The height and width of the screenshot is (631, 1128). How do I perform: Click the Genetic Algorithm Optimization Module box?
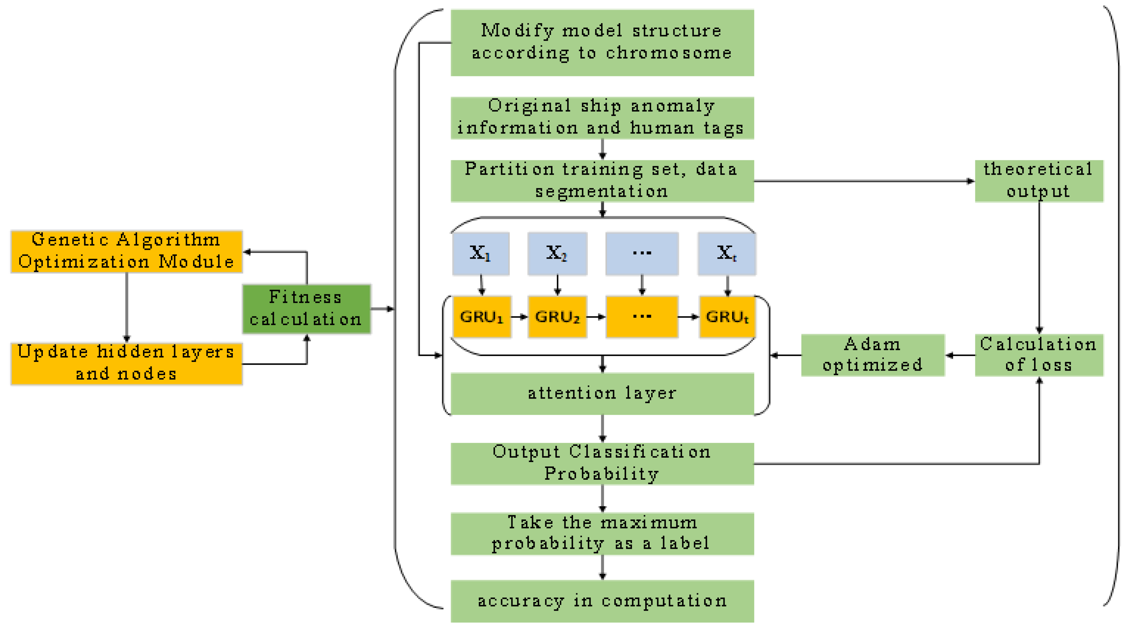[126, 251]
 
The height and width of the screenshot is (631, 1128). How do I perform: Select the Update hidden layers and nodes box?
[126, 363]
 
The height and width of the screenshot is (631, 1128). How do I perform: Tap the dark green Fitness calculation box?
[307, 309]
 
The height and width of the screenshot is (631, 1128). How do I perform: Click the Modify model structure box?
[602, 42]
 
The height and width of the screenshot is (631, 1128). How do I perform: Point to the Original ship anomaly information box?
[602, 118]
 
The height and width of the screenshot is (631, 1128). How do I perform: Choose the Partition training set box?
[602, 180]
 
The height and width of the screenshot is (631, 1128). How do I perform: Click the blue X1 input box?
[481, 254]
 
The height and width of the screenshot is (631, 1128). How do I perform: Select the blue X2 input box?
[557, 254]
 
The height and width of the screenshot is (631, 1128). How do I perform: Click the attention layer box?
[602, 393]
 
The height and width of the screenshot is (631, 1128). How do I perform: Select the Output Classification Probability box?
[602, 463]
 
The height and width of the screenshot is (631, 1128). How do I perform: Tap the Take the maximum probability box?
[602, 533]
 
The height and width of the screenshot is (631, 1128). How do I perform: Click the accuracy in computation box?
[602, 601]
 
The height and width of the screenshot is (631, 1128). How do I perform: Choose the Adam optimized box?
[873, 355]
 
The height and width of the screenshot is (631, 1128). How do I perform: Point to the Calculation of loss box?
[1039, 355]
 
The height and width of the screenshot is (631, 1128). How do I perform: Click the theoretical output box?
[1039, 180]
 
